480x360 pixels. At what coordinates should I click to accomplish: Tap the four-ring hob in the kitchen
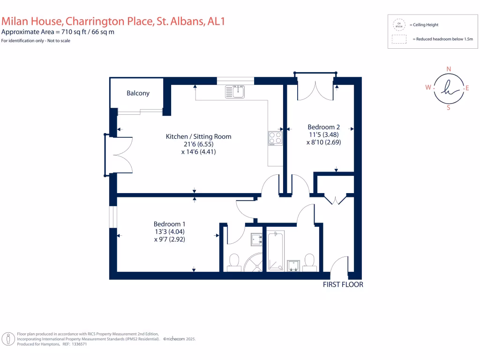coord(275,138)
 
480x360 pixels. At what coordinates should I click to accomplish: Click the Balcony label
coord(138,93)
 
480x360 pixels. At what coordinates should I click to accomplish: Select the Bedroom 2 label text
coord(323,127)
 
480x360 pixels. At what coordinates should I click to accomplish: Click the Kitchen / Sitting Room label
coord(198,136)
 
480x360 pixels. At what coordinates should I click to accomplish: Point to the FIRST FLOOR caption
coord(343,285)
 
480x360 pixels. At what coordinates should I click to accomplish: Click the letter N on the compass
coord(449,69)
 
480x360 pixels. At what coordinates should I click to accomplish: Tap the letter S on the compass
coord(449,107)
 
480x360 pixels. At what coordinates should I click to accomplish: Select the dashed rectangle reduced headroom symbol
coord(399,39)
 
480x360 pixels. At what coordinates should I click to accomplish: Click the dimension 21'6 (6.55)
coord(199,144)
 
